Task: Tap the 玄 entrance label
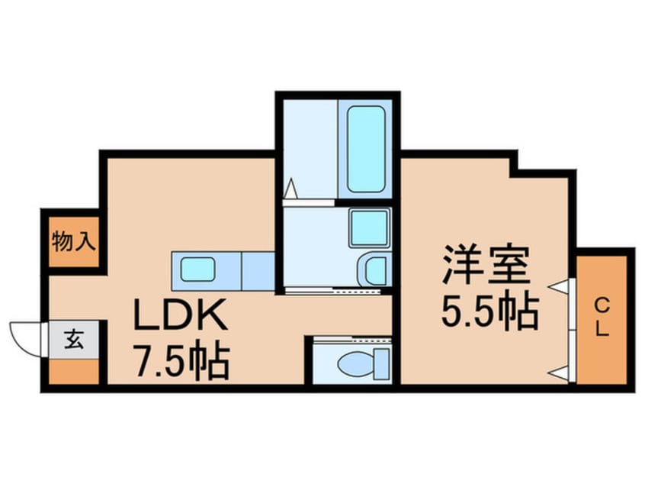[74, 340]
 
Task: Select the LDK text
[181, 314]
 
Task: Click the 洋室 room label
[486, 264]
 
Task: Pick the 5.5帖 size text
[489, 310]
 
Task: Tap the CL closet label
[602, 318]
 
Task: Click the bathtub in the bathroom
[366, 149]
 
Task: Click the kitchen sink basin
[198, 269]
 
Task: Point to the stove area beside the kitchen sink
[258, 271]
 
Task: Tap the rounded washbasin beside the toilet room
[375, 269]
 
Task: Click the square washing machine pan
[370, 227]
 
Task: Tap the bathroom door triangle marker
[290, 189]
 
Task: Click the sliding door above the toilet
[352, 339]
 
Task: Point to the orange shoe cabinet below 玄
[74, 372]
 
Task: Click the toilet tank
[382, 363]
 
